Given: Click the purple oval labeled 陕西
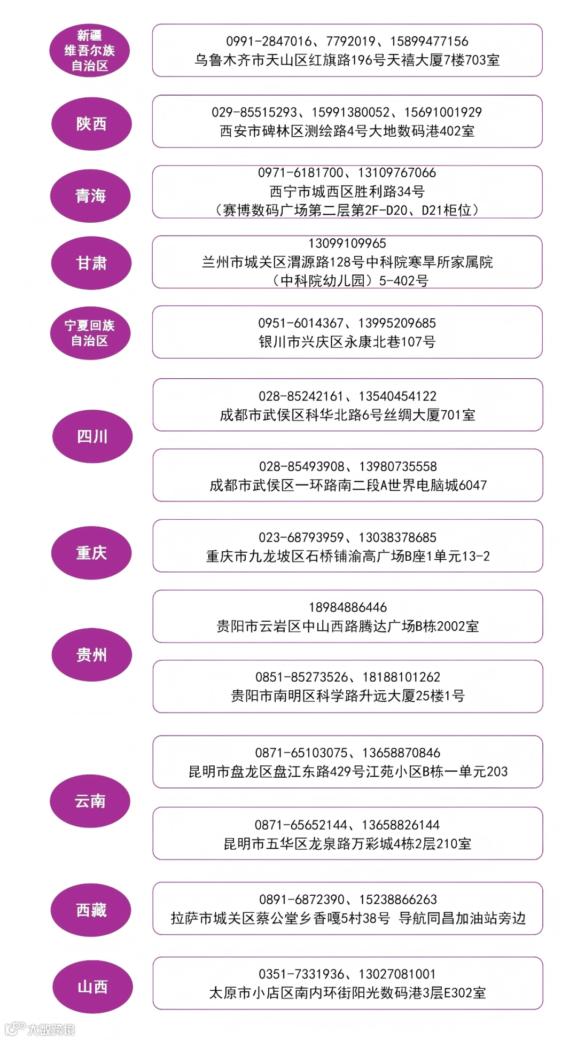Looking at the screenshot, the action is (x=91, y=124).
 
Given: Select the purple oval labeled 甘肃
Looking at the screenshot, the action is (x=91, y=263).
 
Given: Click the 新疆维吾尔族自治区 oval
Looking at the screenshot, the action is (x=90, y=51).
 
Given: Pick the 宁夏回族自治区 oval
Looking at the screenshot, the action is (x=90, y=333).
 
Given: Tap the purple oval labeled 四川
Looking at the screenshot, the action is (x=92, y=436).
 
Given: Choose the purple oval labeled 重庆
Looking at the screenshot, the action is (x=91, y=553).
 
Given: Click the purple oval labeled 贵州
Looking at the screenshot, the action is (x=91, y=655).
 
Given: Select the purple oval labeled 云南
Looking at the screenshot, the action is (x=90, y=801).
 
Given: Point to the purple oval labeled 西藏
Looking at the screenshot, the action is (x=91, y=910).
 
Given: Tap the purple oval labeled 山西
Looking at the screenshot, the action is (x=92, y=987).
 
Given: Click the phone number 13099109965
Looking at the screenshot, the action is (x=347, y=244).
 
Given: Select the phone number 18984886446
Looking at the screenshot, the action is (x=347, y=607).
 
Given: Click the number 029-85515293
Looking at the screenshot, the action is (x=254, y=112).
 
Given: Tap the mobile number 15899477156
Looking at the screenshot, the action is (x=429, y=41).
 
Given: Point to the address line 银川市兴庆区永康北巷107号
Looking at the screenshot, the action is (x=347, y=342).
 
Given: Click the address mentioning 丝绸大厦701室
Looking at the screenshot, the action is (x=347, y=415).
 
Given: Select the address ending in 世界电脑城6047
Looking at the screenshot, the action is (x=348, y=485).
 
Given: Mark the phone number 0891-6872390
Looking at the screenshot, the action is (x=302, y=900).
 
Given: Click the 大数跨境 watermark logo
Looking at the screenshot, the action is (x=41, y=1029).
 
